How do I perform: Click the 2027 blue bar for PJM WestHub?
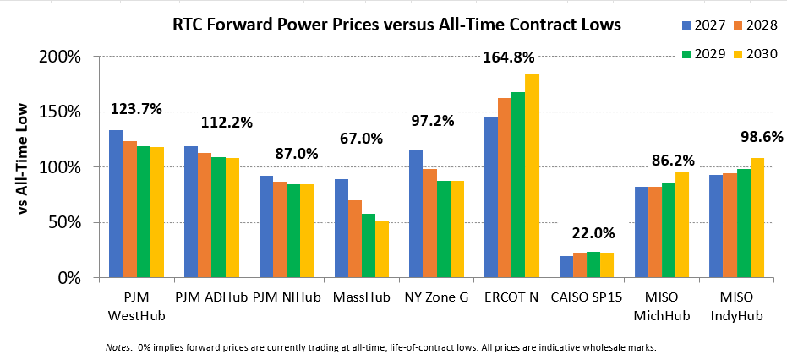pyautogui.click(x=117, y=204)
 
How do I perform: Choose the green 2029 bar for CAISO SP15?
pyautogui.click(x=593, y=265)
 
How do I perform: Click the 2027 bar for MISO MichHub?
pyautogui.click(x=641, y=232)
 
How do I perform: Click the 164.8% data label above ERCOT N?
pyautogui.click(x=508, y=57)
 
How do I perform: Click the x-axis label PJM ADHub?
pyautogui.click(x=212, y=298)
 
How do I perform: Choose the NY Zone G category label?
pyautogui.click(x=436, y=298)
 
